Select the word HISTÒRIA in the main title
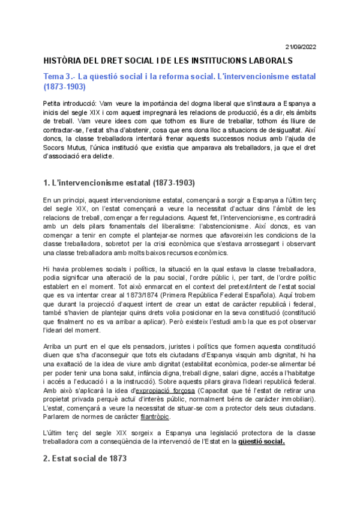pyautogui.click(x=64, y=61)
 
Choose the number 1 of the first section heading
pyautogui.click(x=46, y=182)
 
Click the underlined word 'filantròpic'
pyautogui.click(x=155, y=417)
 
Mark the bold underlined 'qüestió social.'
pyautogui.click(x=261, y=442)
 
